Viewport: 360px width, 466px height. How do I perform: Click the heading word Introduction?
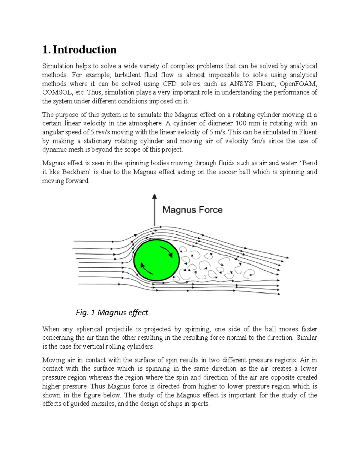pos(85,50)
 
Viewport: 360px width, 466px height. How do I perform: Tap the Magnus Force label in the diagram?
pos(192,210)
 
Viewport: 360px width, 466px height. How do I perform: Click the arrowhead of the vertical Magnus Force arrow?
pos(154,196)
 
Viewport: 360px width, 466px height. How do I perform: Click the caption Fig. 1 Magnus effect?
pos(112,313)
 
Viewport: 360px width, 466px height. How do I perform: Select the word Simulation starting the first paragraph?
pos(58,66)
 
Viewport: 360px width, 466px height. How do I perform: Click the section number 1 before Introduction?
pos(45,50)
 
